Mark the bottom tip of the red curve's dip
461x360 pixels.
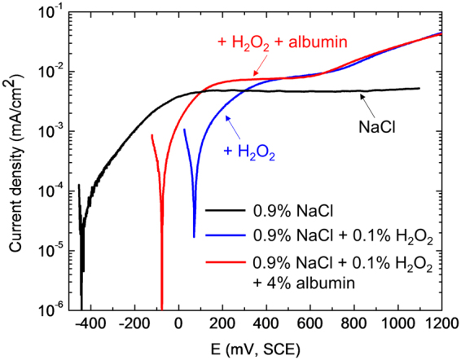162,309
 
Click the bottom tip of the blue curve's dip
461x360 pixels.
195,236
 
